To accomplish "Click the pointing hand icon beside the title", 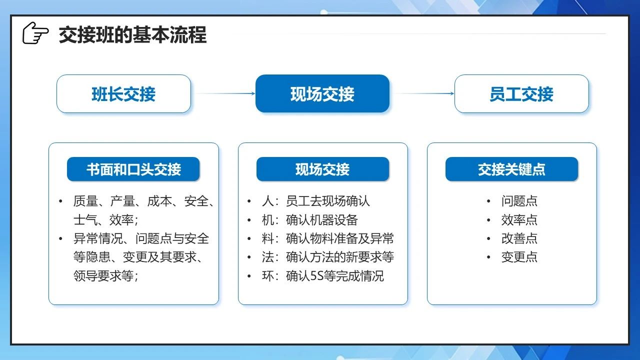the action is pos(35,33).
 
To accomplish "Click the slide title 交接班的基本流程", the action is pos(132,35).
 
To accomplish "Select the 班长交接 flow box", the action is pos(123,93).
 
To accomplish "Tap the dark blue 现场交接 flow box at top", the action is pos(322,93).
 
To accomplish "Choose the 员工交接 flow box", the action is pos(521,93).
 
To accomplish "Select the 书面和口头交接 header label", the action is pos(133,169).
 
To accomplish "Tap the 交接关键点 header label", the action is pos(511,169).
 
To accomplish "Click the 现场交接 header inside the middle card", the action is pos(322,169).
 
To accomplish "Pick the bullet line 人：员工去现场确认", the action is pos(315,201).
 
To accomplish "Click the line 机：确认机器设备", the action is pos(309,220).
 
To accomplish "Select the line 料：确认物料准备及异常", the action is pos(327,238).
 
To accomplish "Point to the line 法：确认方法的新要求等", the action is pos(327,257).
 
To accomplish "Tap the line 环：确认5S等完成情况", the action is pos(323,276).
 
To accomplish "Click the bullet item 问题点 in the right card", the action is pos(519,201).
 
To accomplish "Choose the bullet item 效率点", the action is pos(519,220).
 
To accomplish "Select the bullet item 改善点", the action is pos(519,238).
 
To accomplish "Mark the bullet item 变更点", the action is pos(519,257).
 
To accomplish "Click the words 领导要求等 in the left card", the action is pos(103,276).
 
